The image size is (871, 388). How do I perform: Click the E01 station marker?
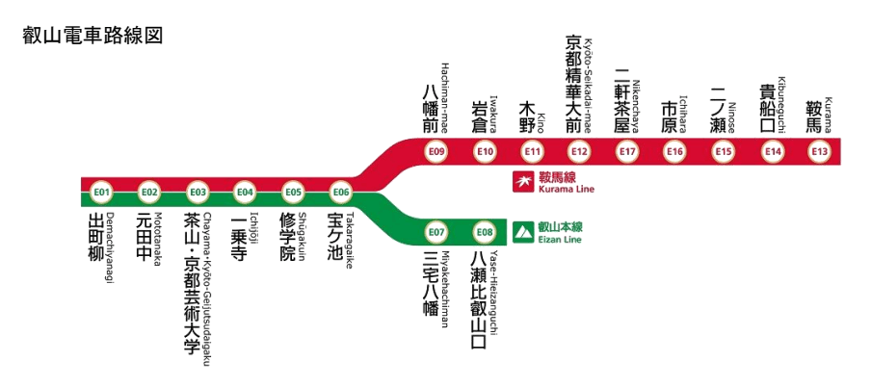(102, 192)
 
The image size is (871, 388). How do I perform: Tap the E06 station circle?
(340, 192)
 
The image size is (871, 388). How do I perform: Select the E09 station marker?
(436, 151)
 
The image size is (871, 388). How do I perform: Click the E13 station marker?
(820, 151)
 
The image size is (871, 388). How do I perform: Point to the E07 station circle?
(436, 232)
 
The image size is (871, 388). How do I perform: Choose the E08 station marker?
(484, 232)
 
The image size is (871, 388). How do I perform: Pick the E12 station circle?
(579, 151)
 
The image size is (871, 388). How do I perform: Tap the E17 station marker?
(628, 151)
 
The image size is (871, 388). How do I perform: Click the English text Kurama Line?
(567, 189)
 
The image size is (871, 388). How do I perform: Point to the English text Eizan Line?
(560, 239)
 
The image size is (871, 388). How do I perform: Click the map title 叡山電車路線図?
(92, 36)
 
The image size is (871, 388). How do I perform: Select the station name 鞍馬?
(814, 114)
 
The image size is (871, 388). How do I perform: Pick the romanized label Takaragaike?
(351, 238)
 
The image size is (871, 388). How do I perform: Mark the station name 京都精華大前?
(573, 84)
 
